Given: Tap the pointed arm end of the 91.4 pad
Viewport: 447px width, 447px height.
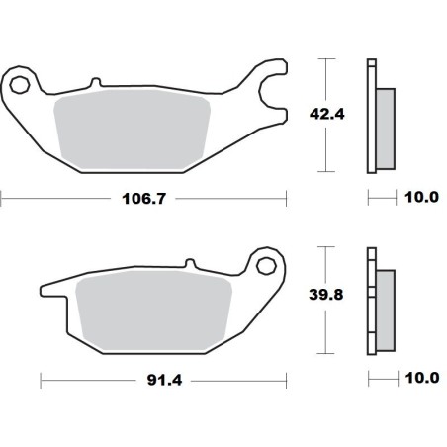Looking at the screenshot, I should pyautogui.click(x=45, y=291).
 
